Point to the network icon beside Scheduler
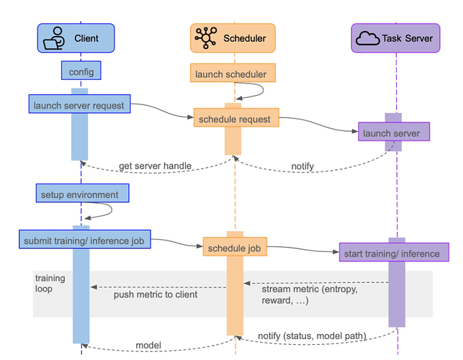click(x=205, y=37)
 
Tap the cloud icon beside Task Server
click(x=368, y=37)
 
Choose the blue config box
click(x=81, y=72)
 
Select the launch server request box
click(x=79, y=105)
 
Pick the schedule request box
click(x=235, y=118)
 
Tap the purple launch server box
click(x=393, y=132)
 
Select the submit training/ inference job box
click(x=84, y=240)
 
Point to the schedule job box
click(x=234, y=248)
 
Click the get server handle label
click(x=155, y=166)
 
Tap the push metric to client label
click(x=156, y=294)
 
